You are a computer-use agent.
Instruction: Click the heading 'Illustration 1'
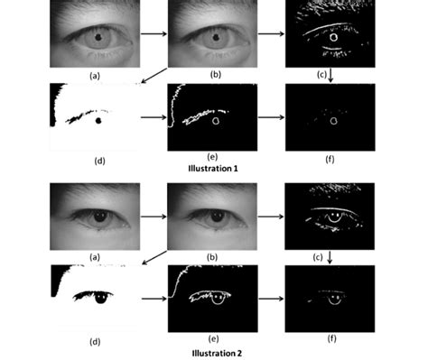(214, 167)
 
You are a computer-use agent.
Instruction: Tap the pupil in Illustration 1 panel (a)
(97, 37)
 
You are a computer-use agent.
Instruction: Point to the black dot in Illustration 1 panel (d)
(98, 120)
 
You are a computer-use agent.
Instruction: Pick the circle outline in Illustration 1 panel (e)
(216, 119)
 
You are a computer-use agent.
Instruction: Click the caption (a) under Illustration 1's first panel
(95, 75)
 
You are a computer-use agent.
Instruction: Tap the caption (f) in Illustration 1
(330, 158)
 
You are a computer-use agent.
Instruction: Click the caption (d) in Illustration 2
(96, 341)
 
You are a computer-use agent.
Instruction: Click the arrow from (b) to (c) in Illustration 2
(270, 217)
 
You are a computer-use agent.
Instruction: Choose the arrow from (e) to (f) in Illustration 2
(271, 296)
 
